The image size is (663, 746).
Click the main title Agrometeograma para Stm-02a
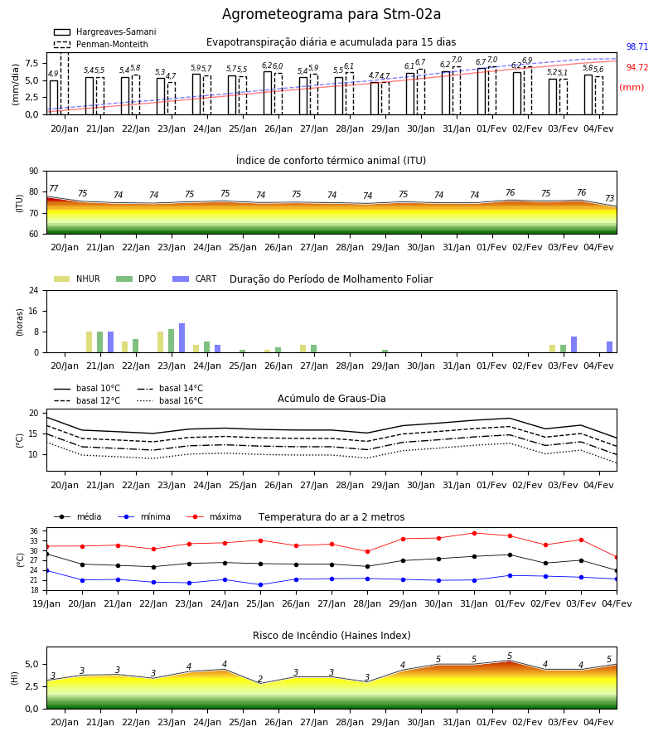331,14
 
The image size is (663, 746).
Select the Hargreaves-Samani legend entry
104,31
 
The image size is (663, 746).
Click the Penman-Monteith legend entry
101,44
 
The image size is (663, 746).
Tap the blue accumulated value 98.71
637,46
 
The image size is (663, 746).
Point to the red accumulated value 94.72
637,68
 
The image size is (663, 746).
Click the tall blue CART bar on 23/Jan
181,338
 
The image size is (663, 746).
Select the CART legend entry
195,279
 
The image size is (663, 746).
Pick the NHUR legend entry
77,279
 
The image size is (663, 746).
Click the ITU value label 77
53,188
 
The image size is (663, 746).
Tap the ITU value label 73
609,198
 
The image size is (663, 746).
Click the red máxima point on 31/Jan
474,533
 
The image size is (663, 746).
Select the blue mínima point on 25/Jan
260,584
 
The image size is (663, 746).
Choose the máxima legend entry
214,516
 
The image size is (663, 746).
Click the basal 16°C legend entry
170,400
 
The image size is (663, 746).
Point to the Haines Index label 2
260,679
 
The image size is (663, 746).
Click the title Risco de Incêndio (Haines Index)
331,636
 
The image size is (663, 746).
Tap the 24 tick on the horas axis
34,291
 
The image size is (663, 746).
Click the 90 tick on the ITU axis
34,172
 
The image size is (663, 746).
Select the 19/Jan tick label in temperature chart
46,603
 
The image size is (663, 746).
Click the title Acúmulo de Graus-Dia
331,399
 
